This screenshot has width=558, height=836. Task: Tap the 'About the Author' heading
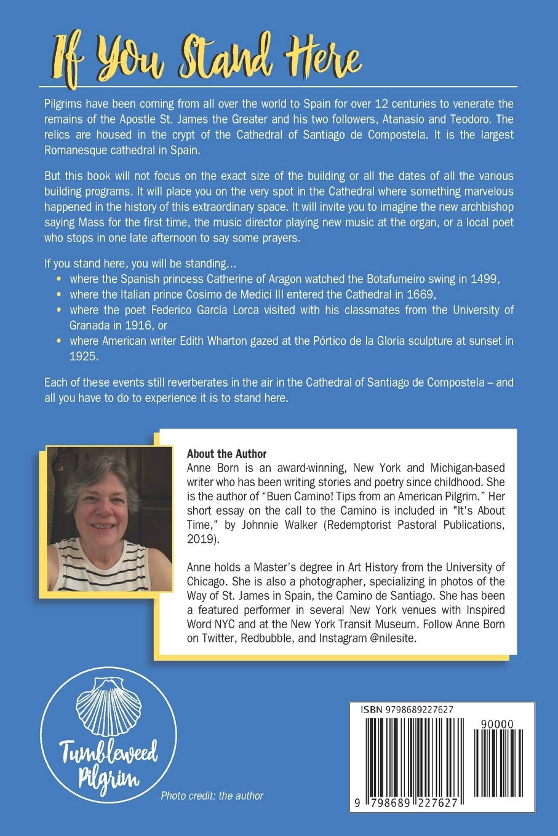coord(226,454)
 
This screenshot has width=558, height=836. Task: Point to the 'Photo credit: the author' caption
coord(212,795)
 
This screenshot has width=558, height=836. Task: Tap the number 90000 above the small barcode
coord(499,725)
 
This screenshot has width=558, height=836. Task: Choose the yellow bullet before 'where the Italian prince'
coord(59,293)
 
